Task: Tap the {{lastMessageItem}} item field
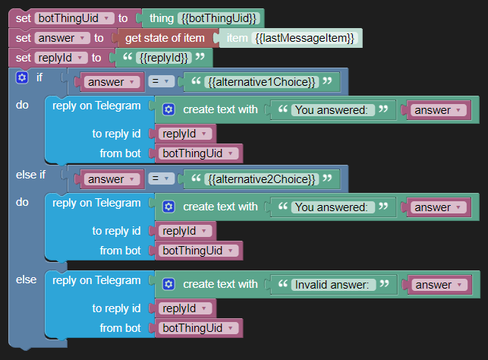(x=307, y=37)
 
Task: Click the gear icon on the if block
(x=22, y=77)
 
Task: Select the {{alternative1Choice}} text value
(x=263, y=81)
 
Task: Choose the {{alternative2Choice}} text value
(x=263, y=178)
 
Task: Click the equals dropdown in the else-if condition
(x=162, y=178)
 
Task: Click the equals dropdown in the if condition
(x=162, y=81)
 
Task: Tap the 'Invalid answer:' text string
(x=334, y=285)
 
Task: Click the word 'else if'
(x=30, y=175)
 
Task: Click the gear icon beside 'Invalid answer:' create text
(x=168, y=284)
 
